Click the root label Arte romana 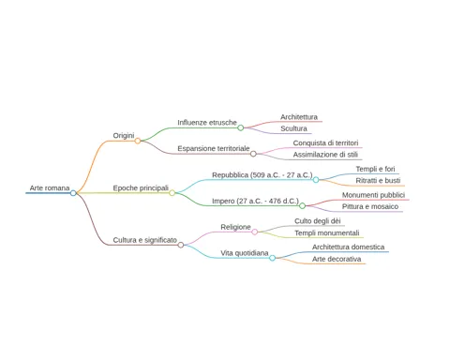50,187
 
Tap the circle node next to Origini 138,141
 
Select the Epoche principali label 141,188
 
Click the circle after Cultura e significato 181,245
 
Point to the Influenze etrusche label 207,123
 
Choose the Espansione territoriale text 214,148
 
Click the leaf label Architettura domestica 348,247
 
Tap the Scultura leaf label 293,128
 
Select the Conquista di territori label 325,142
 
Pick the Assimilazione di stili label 325,155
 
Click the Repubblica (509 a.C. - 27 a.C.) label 262,175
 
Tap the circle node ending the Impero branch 302,206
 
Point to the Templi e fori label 375,169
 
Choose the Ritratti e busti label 378,181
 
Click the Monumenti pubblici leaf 373,195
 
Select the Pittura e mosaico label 370,206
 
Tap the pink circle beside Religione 255,232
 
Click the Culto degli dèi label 318,221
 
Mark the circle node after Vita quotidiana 273,258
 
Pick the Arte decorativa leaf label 337,259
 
